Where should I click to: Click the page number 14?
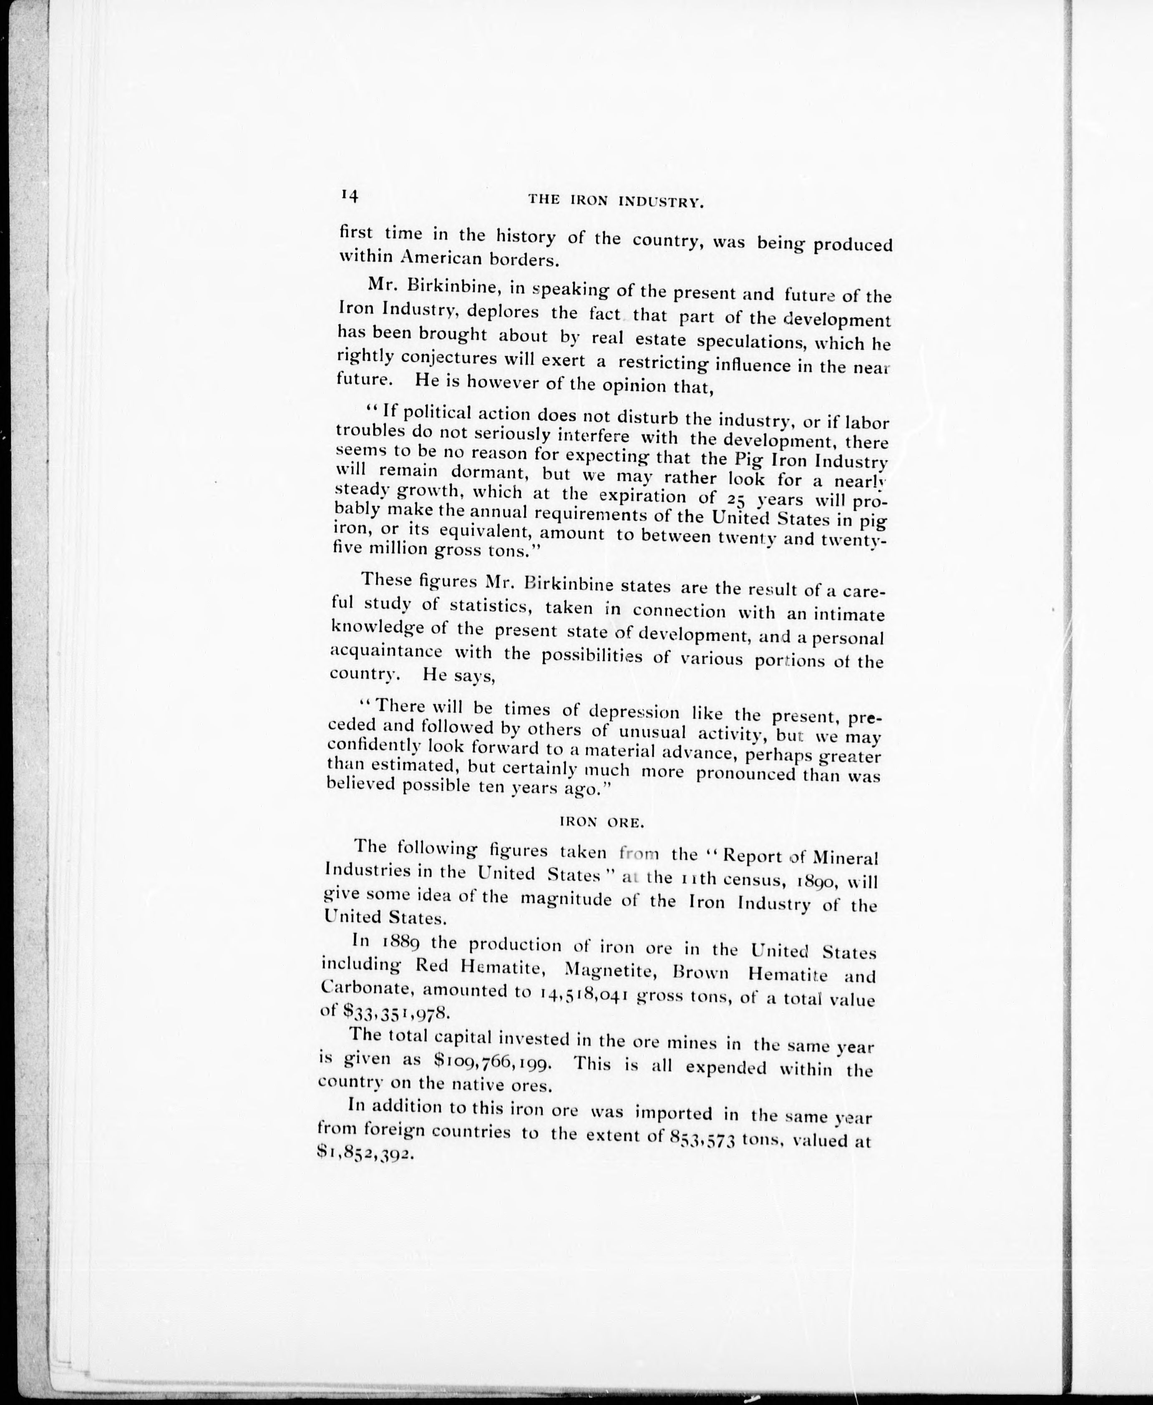point(349,195)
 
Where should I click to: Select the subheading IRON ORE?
point(602,822)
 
